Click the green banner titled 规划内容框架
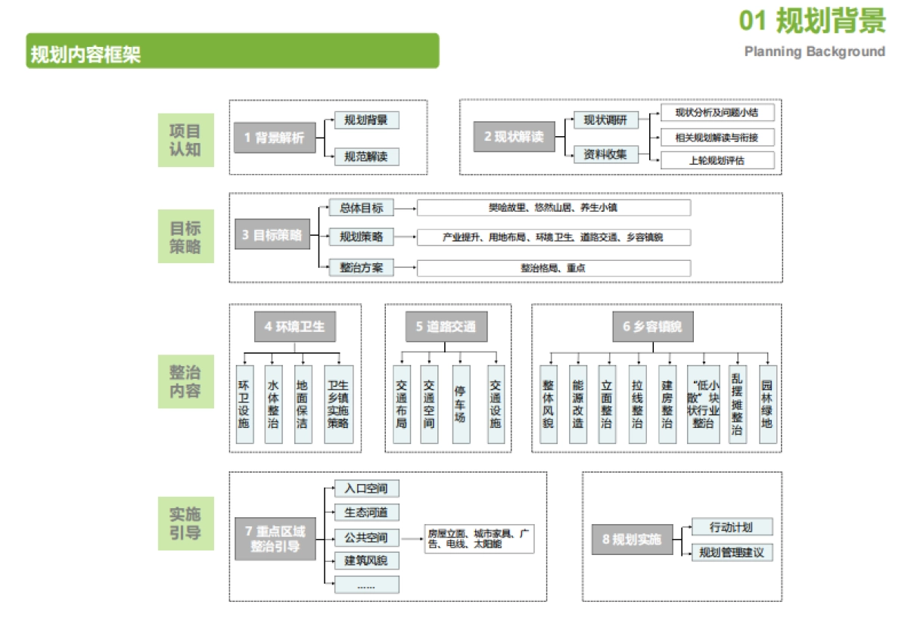tap(232, 51)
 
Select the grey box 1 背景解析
tap(274, 138)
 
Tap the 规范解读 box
tap(366, 157)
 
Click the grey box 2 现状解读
tap(514, 137)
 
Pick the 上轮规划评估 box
tap(717, 160)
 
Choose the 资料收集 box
tap(605, 154)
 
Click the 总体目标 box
tap(362, 208)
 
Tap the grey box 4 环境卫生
tap(294, 327)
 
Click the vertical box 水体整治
tap(273, 404)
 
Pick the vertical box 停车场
tap(459, 404)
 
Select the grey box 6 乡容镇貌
tap(652, 327)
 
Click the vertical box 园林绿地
tap(767, 404)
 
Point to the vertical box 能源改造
tap(578, 404)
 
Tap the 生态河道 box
tap(366, 513)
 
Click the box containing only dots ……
tap(366, 585)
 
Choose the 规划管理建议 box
tap(732, 552)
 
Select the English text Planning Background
tap(814, 51)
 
